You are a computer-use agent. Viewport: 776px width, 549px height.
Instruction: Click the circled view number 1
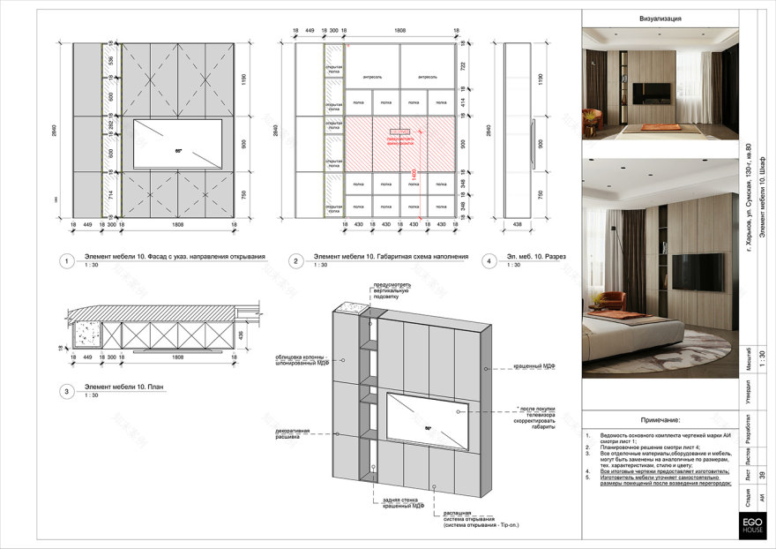65,261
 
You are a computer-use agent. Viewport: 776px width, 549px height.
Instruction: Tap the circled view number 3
65,391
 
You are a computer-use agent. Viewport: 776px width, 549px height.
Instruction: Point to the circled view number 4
488,261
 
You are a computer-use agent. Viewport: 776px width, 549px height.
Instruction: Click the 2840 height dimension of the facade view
56,131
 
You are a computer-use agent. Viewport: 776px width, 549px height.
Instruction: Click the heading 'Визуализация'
660,19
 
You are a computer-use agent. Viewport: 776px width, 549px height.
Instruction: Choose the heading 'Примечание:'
660,421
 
